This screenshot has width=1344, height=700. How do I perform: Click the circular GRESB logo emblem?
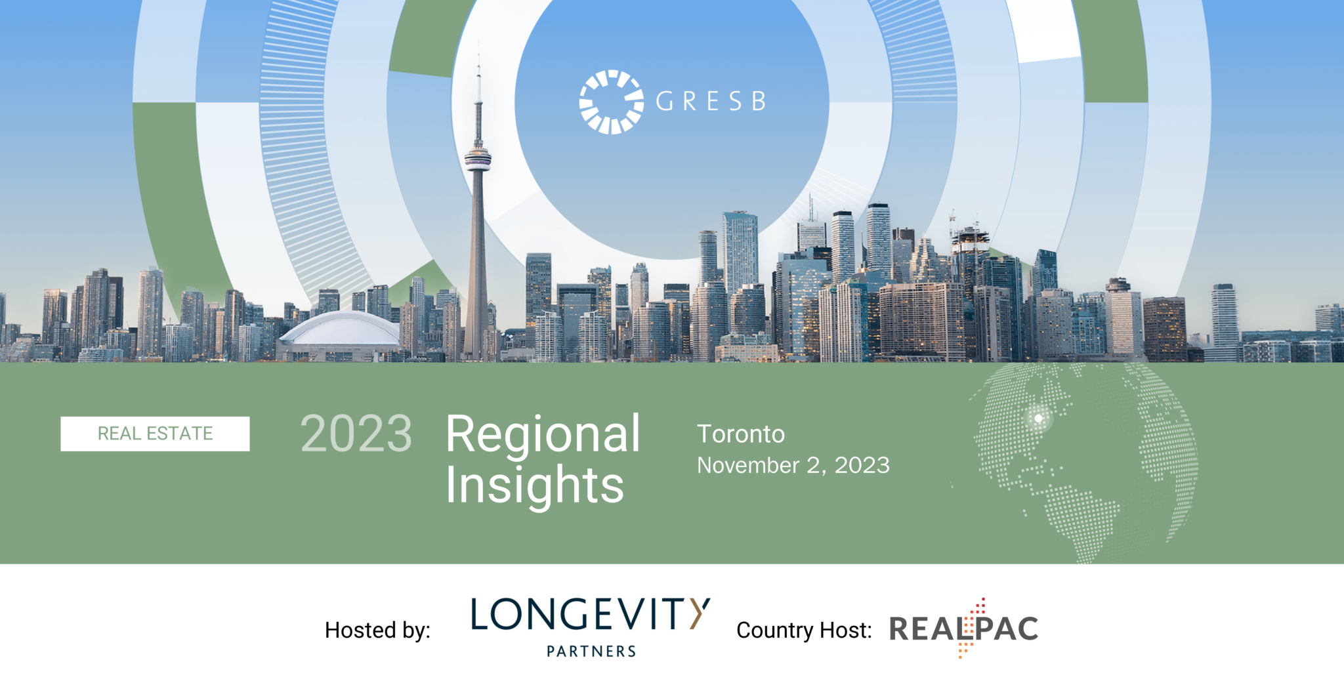611,102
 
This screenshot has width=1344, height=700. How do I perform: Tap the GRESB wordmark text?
711,102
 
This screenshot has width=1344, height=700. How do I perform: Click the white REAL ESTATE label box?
155,434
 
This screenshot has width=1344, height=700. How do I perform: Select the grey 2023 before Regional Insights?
356,434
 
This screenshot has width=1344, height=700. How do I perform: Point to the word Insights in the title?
534,485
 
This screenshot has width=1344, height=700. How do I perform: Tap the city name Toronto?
741,434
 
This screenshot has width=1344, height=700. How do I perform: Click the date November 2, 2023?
793,465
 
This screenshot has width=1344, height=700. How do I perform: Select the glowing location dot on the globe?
1038,418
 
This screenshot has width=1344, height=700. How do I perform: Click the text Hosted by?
377,630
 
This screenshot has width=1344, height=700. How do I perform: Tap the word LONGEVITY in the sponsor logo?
591,614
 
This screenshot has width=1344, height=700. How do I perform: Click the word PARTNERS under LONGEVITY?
591,651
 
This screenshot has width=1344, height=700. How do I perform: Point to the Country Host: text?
804,630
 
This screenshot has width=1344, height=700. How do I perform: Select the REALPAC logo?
963,628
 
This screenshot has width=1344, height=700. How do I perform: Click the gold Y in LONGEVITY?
700,613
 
